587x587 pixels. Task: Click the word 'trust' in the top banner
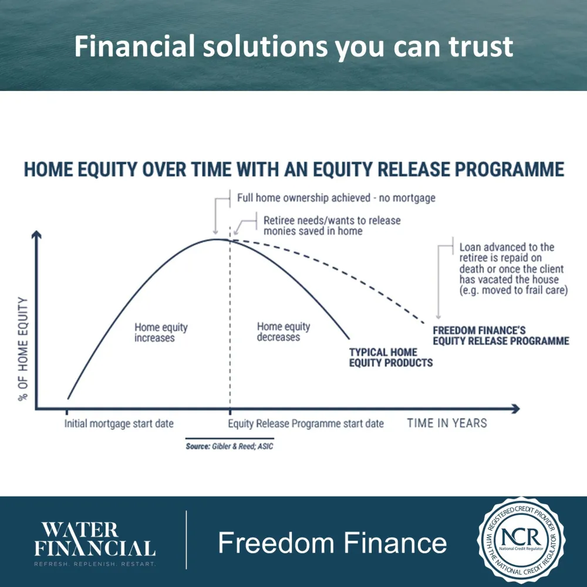(x=481, y=46)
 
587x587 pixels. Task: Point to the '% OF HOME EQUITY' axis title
(x=23, y=349)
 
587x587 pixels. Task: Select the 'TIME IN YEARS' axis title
(x=447, y=423)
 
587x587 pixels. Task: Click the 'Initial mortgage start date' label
(x=119, y=424)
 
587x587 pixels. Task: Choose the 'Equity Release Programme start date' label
(x=306, y=424)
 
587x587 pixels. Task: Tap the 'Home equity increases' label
(x=161, y=332)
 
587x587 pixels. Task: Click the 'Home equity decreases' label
(x=284, y=332)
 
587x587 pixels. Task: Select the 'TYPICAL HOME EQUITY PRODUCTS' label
(x=391, y=357)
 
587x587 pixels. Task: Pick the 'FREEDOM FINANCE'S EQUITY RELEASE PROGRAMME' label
(x=501, y=336)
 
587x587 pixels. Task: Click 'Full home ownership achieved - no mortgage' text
(x=336, y=198)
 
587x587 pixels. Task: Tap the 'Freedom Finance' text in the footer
(x=332, y=543)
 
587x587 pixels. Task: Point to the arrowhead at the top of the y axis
(x=36, y=234)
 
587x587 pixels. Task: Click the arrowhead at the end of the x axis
(x=516, y=409)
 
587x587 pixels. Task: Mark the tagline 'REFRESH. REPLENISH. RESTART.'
(x=95, y=564)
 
